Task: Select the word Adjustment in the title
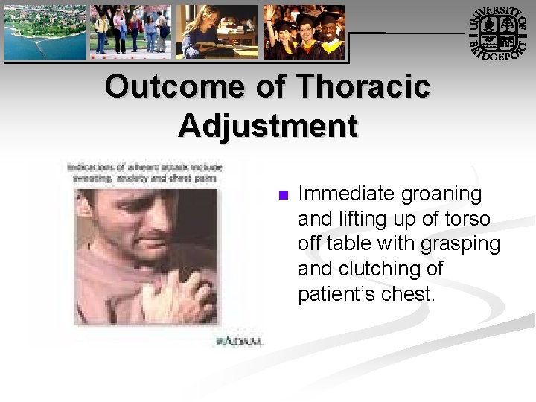(268, 126)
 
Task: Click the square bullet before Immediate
(282, 196)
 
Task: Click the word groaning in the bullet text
(441, 194)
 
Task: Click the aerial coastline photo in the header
(44, 33)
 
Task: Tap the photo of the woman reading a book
(217, 33)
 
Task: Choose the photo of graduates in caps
(304, 33)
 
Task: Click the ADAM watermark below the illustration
(239, 341)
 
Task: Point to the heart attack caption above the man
(144, 173)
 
